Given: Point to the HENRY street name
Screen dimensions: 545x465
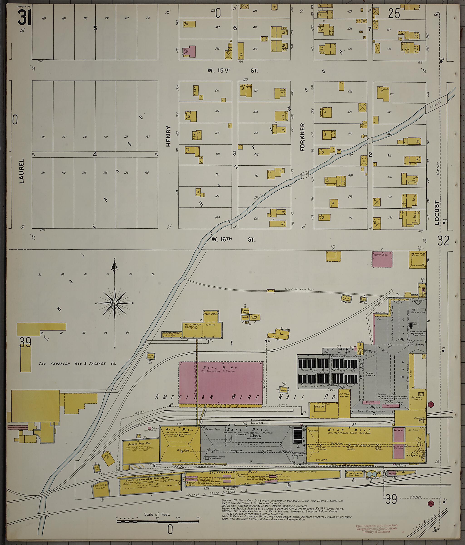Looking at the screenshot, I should coord(168,136).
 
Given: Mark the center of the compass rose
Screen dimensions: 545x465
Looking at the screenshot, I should coord(115,303).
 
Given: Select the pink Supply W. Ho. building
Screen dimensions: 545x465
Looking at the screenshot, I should coord(383,259).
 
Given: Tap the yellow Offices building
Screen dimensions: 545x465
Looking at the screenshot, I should coord(417,259).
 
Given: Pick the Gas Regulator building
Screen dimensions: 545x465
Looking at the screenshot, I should coord(284,390).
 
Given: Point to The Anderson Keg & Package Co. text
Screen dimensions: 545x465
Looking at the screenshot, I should coord(77,363).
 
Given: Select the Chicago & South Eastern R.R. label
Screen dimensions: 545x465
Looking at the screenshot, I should coord(210,495).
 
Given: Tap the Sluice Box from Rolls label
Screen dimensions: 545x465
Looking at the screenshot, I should coord(299,289).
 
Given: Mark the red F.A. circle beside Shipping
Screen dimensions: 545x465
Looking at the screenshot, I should coord(431,404).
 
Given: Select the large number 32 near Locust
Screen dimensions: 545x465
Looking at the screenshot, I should coord(443,241).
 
